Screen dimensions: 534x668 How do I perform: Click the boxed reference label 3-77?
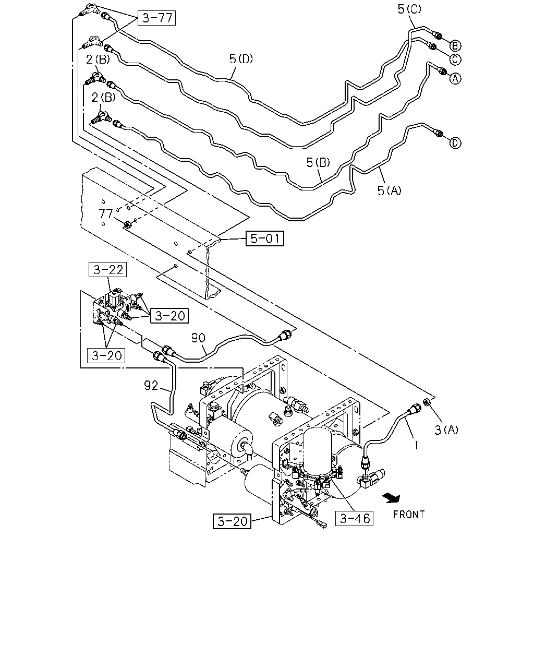[x=157, y=18]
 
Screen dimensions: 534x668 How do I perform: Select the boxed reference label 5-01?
[x=265, y=238]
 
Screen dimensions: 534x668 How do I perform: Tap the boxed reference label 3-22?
[x=107, y=269]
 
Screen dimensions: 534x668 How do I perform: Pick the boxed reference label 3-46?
[x=355, y=518]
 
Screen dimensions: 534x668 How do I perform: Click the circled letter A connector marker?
[x=455, y=78]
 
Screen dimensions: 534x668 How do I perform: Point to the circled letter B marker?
[x=455, y=46]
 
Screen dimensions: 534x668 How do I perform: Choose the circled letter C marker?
[x=455, y=59]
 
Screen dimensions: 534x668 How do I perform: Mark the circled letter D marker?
[x=455, y=143]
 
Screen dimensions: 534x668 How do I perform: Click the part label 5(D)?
[x=241, y=58]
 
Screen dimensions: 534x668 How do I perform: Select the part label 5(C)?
[x=409, y=9]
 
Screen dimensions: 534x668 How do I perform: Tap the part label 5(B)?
[x=318, y=162]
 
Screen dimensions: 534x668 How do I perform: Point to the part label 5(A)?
[x=389, y=190]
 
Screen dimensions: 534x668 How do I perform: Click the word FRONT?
[x=408, y=515]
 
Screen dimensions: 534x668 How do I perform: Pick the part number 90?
[x=198, y=338]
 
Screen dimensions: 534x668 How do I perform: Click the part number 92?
[x=151, y=386]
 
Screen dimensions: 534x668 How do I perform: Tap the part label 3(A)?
[x=446, y=430]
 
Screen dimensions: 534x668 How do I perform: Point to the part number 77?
[x=105, y=213]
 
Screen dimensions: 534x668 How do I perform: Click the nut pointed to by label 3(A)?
[x=427, y=402]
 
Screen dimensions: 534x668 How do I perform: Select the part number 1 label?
[x=416, y=446]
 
